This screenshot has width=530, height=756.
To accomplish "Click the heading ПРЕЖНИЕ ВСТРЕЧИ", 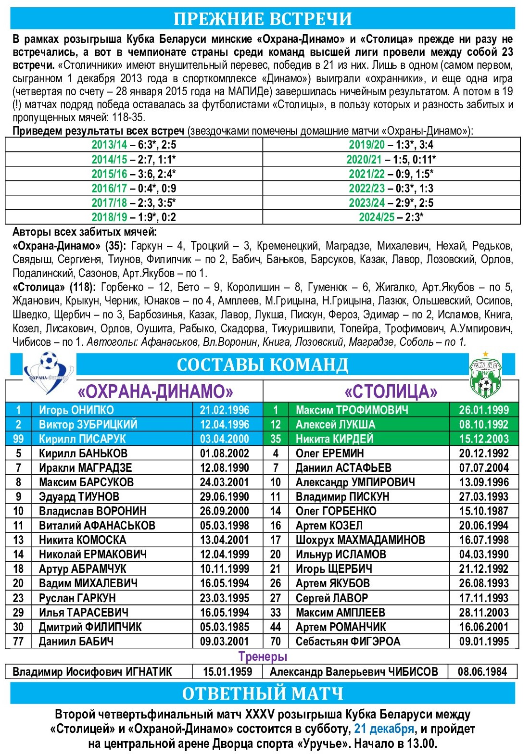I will tap(263, 19).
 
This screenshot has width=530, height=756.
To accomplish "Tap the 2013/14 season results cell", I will tap(134, 145).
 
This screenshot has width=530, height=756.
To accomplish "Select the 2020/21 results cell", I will tap(391, 159).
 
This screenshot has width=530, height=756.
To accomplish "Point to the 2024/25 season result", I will tap(391, 217).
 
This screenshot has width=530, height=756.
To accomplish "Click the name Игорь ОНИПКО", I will tap(76, 410).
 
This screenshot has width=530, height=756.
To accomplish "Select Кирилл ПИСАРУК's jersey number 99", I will tap(18, 439).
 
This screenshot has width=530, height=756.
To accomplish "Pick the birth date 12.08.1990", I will tap(225, 468).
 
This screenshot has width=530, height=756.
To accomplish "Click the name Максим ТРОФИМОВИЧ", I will tap(352, 410).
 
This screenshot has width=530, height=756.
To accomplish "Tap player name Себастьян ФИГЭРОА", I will tap(348, 642).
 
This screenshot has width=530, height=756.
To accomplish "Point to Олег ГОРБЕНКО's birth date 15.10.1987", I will tap(483, 511).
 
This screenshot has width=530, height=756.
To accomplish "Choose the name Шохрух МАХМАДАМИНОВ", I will tap(360, 540).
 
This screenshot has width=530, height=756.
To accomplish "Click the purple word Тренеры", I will tap(263, 656).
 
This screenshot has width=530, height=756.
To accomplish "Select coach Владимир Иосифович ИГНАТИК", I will tap(92, 672).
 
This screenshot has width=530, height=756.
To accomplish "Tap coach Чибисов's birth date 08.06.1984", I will tap(482, 672).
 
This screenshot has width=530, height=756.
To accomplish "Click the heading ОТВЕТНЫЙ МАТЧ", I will tap(263, 693).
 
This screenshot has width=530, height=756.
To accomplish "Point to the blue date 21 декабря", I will tap(384, 729).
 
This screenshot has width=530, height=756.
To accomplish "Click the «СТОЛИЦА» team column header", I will tap(391, 392).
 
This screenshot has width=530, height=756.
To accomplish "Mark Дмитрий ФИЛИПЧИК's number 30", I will tap(18, 627).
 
